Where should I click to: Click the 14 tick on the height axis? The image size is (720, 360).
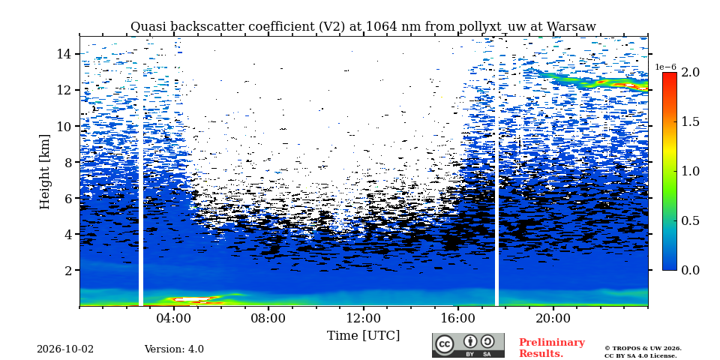63,54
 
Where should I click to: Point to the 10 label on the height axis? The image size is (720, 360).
63,126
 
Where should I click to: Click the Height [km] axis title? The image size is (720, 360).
44,172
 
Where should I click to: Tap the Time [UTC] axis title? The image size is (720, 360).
363,336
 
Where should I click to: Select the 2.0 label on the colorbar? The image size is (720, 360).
690,73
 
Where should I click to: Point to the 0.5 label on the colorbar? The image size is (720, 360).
690,220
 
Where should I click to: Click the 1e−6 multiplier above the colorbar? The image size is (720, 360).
666,67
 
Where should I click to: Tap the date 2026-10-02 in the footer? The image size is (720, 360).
65,349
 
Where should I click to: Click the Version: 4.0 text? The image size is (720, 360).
174,349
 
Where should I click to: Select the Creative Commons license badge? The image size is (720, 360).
468,345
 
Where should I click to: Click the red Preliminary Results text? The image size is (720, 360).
552,348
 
